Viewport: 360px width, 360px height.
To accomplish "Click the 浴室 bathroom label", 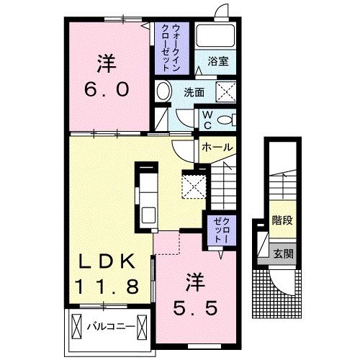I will (217, 62).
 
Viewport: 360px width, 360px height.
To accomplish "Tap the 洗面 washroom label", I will (193, 92).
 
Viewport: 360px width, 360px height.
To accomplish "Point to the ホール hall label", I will (217, 147).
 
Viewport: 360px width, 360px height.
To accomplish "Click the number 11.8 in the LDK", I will (104, 287).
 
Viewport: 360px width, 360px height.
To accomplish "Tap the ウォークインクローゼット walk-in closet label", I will (163, 45).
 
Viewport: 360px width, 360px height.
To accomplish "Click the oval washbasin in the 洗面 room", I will (164, 92).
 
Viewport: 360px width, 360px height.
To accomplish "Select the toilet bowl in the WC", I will (227, 120).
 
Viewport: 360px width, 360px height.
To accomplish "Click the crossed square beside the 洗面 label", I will (228, 91).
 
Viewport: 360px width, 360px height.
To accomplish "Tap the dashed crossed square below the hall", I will (194, 185).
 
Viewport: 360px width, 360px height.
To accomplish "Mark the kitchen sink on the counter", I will (148, 215).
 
